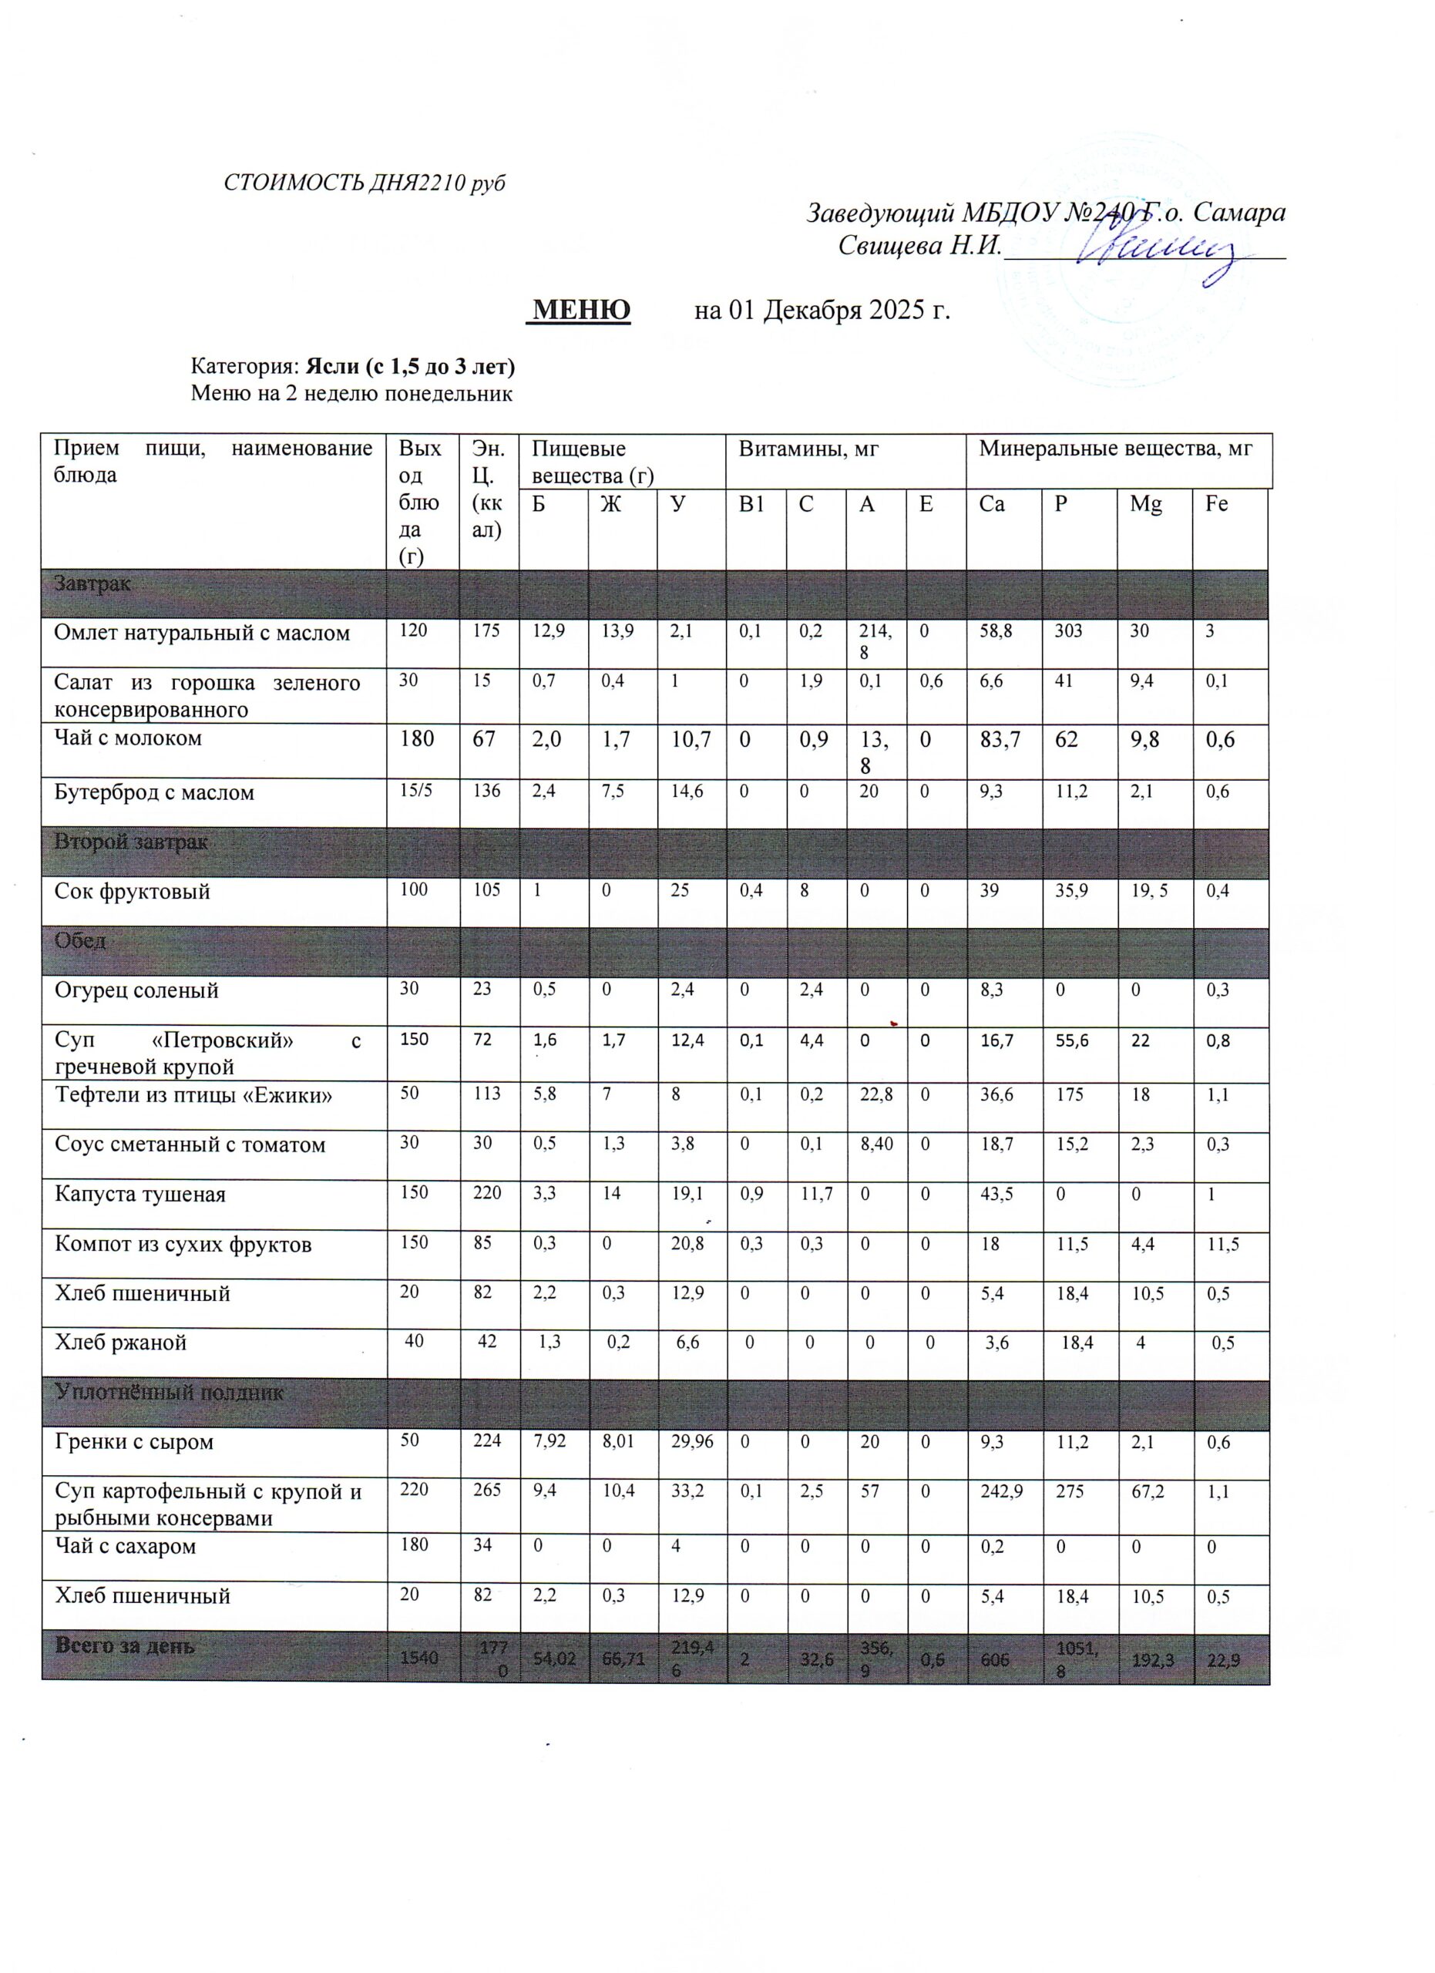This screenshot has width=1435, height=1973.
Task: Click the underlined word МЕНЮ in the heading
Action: pyautogui.click(x=581, y=309)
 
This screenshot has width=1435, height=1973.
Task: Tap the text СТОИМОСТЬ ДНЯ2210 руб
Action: pyautogui.click(x=365, y=183)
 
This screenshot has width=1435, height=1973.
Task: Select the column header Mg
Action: pyautogui.click(x=1145, y=504)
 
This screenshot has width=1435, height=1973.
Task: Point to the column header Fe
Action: pyautogui.click(x=1216, y=504)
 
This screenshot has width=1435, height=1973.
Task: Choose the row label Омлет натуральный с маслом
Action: pyautogui.click(x=202, y=633)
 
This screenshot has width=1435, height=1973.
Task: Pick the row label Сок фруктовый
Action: pyautogui.click(x=133, y=891)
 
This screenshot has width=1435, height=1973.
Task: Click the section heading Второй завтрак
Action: pyautogui.click(x=130, y=842)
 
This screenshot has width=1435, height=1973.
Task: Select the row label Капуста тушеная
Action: pyautogui.click(x=140, y=1194)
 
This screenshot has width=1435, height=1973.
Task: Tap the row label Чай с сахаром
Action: pyautogui.click(x=126, y=1546)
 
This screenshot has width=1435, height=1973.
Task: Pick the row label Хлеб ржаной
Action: pyautogui.click(x=121, y=1343)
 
